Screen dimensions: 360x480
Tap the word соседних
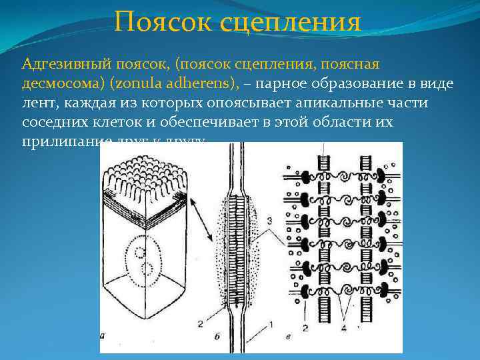52,124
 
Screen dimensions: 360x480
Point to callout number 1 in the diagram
271,325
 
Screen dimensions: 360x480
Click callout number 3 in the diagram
268,219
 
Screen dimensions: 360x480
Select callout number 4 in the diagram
344,327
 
